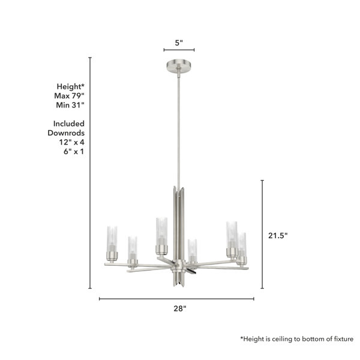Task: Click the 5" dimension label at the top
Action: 179,43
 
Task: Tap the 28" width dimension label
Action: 180,308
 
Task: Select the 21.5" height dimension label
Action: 278,236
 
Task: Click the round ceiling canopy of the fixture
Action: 179,66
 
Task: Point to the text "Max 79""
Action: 70,96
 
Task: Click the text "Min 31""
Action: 70,105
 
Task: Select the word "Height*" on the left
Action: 71,86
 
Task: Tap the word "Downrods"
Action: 66,133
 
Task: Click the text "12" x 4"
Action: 71,142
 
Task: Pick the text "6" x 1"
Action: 74,152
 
